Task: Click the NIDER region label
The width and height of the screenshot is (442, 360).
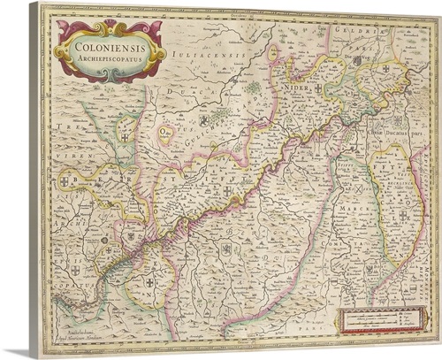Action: click(x=300, y=88)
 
